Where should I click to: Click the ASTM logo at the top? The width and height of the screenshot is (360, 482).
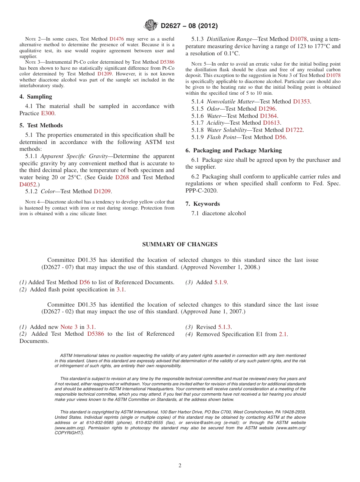point(151,26)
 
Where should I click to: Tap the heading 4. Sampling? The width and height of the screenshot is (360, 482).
point(36,97)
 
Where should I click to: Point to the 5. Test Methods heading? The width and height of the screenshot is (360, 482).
point(41,125)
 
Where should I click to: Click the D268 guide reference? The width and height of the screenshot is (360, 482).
point(122,177)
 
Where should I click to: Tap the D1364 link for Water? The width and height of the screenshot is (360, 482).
point(268,116)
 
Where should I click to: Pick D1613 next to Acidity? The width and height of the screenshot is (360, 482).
point(271,123)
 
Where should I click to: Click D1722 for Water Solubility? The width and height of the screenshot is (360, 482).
point(294,130)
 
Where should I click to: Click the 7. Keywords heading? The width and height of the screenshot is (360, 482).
point(203,204)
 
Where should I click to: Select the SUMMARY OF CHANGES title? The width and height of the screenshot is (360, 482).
point(180,244)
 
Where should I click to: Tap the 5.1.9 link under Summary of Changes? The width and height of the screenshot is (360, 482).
point(221,282)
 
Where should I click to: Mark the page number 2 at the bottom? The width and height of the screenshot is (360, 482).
point(180,466)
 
